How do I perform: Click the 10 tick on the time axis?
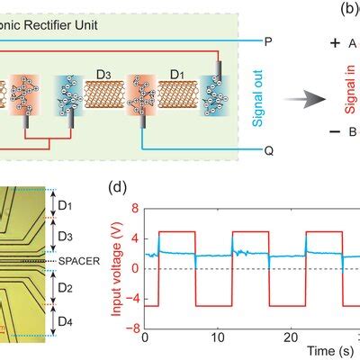218,337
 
